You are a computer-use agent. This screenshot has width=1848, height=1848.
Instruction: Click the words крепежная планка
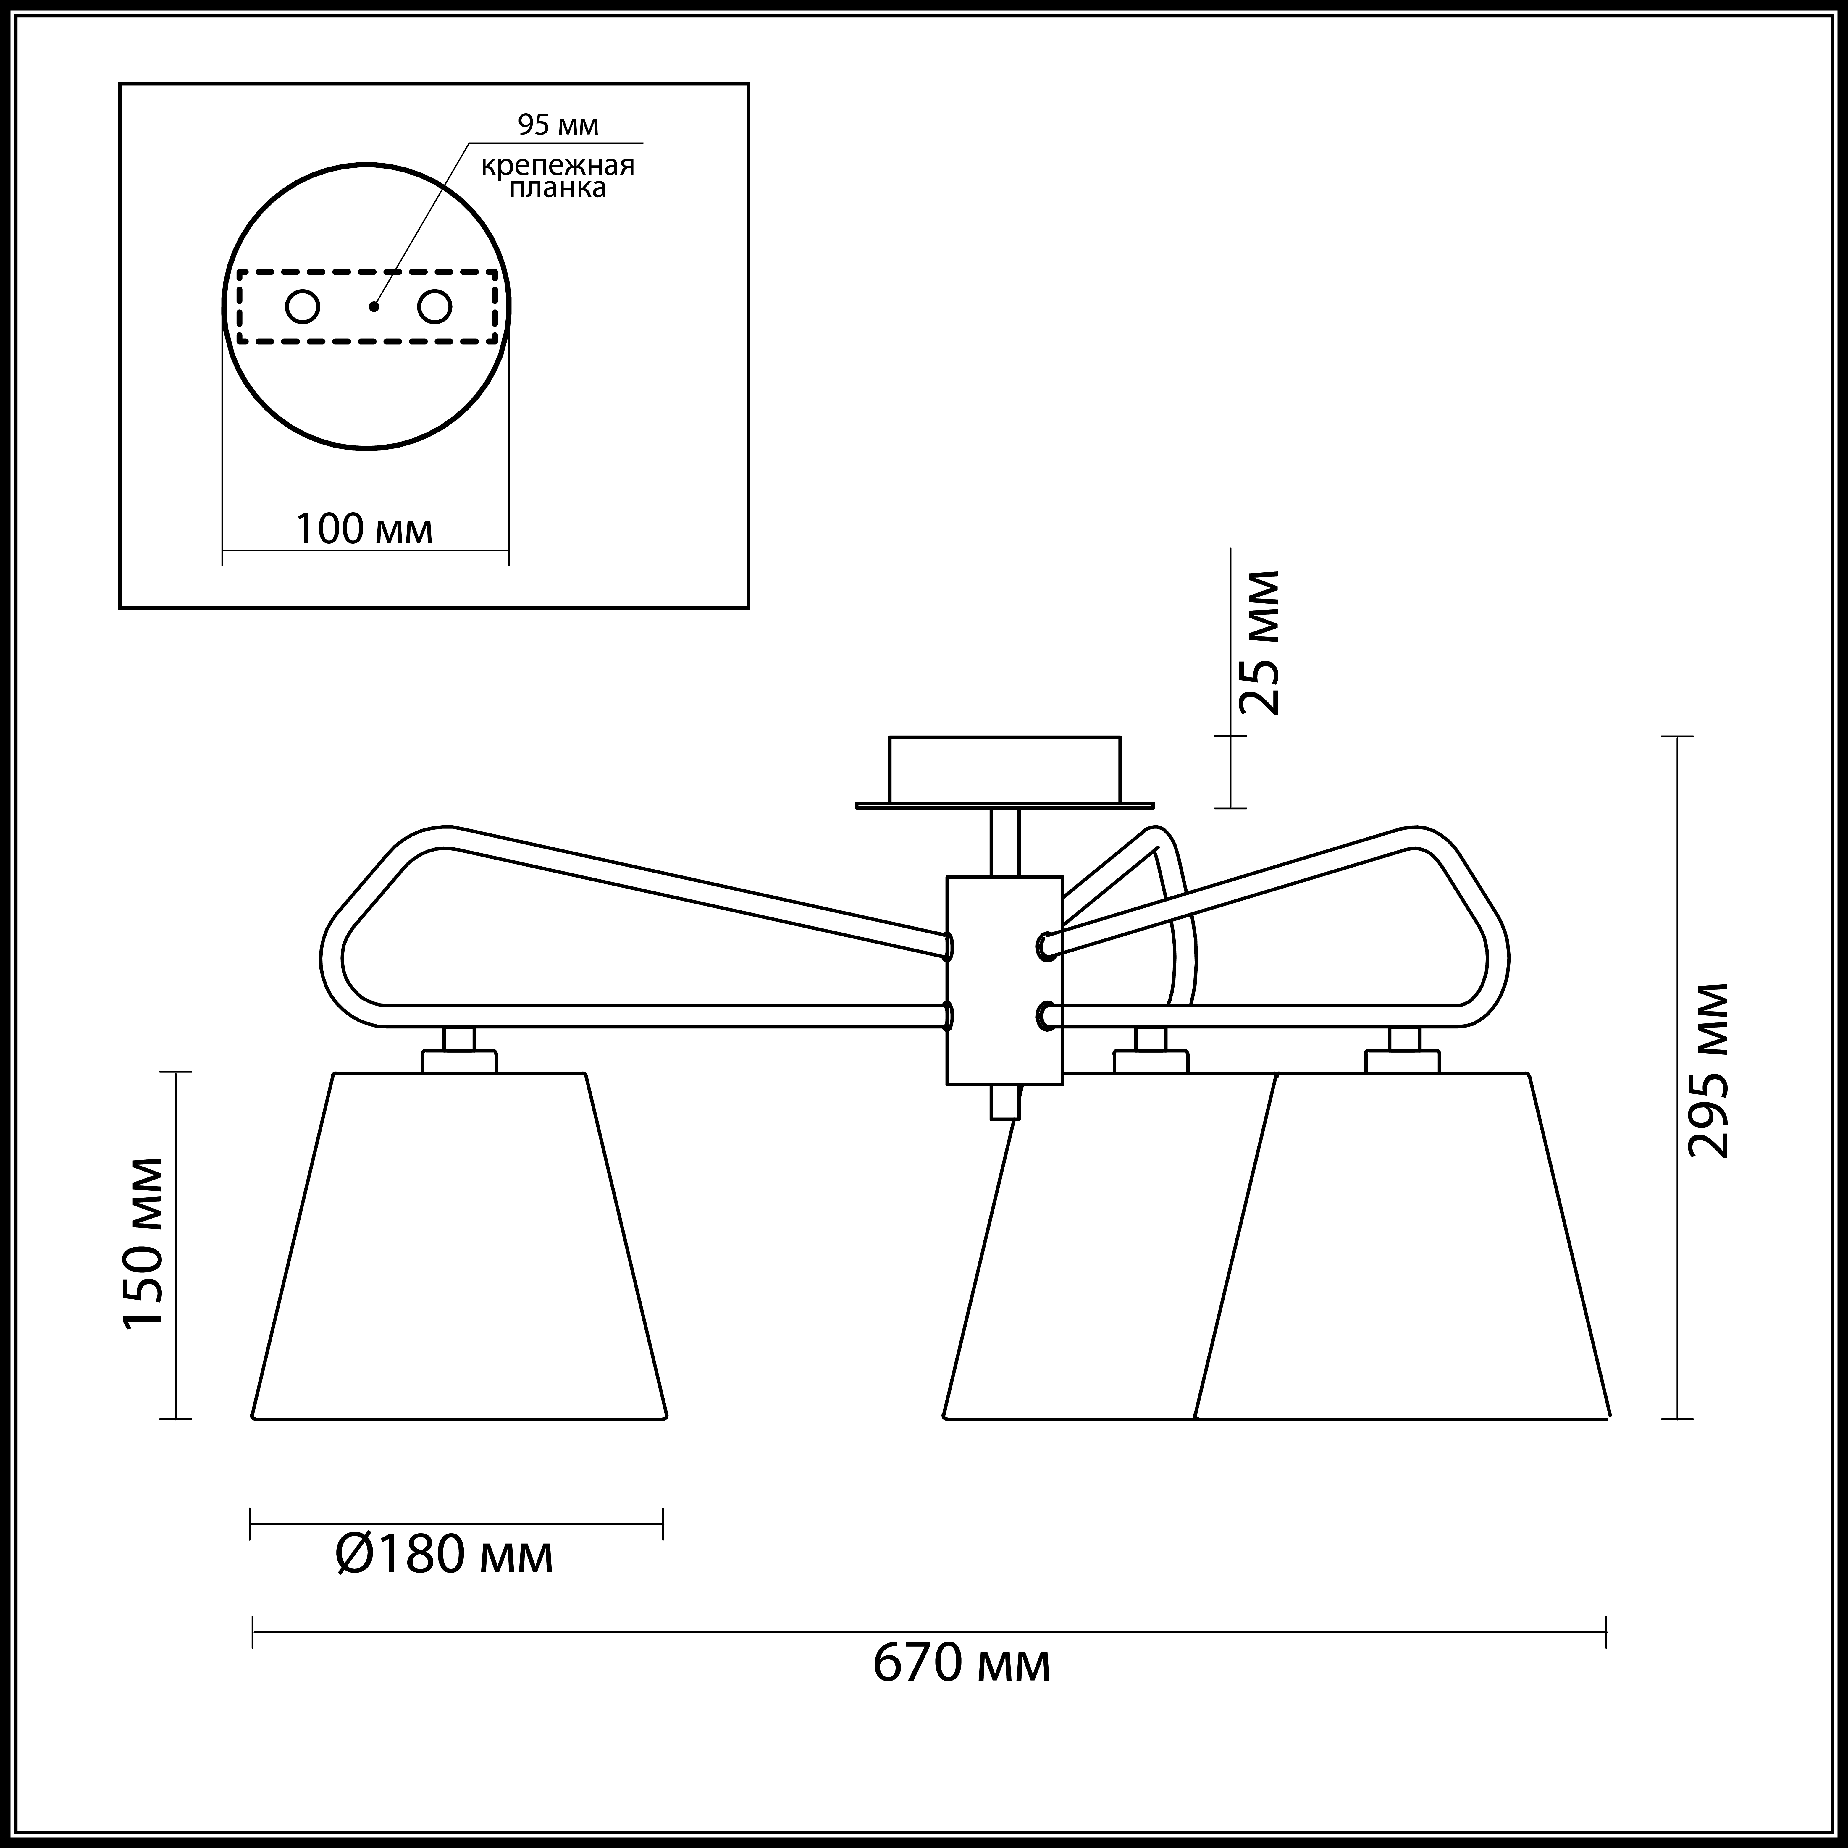tap(558, 176)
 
